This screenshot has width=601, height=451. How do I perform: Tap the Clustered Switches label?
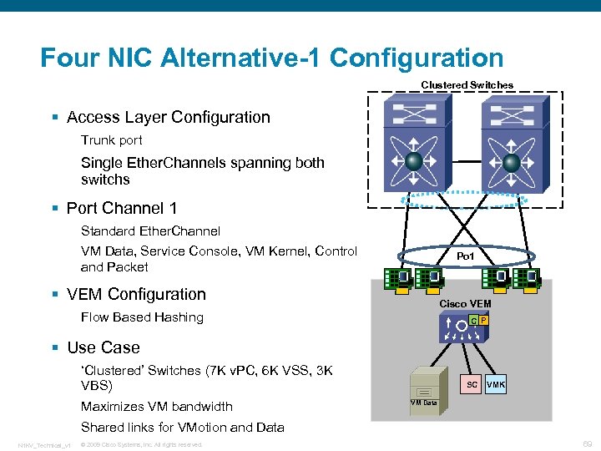tap(467, 85)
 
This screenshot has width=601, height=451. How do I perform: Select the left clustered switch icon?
tap(413, 143)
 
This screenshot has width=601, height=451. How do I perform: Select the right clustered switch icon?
tap(512, 143)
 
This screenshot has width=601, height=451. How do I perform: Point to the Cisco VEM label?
tap(465, 303)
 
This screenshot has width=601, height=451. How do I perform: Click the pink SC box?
tap(472, 385)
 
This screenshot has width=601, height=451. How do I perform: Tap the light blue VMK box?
tap(496, 385)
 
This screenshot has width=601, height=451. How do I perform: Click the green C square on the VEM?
tap(473, 321)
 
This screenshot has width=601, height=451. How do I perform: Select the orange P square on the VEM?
tap(483, 321)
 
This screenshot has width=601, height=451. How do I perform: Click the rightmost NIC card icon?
tap(527, 277)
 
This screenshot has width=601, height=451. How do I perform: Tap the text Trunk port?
tap(111, 140)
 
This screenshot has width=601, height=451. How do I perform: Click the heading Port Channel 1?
tap(122, 207)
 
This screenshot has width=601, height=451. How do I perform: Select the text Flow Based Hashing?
tap(142, 317)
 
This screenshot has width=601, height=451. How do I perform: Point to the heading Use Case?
tap(103, 347)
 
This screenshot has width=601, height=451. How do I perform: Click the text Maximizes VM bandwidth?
tap(156, 407)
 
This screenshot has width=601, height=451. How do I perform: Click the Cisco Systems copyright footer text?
tap(141, 444)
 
